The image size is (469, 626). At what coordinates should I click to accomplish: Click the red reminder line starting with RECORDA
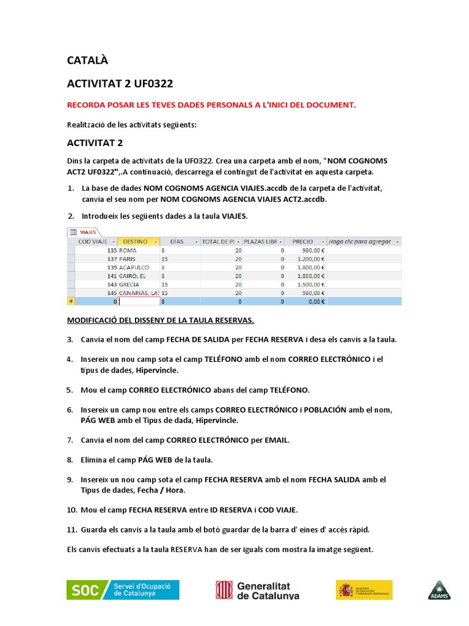pos(211,105)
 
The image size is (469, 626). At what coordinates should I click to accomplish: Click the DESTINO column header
pos(138,241)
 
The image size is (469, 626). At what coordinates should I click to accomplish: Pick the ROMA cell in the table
pos(128,251)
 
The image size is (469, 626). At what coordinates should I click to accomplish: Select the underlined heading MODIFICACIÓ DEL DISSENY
pos(160,320)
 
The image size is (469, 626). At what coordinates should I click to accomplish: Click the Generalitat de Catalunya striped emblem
pos(224,590)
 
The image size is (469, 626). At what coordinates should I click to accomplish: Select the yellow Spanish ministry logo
pos(364,590)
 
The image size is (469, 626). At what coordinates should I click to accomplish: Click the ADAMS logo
pos(438,590)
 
